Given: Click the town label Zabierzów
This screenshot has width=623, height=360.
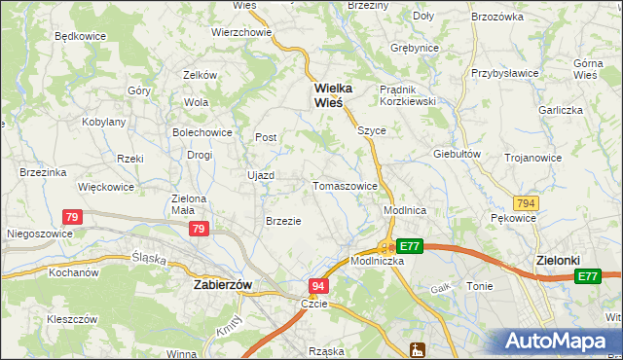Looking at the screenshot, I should [x=223, y=285].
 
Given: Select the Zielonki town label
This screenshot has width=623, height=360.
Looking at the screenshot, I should [x=559, y=261].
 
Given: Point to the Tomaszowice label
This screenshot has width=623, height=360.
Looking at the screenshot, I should [x=345, y=185].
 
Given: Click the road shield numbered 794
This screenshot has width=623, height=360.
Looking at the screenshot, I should [x=527, y=202].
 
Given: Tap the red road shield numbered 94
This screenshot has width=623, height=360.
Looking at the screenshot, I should [x=318, y=286].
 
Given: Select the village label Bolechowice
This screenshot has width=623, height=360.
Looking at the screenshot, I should [x=202, y=131].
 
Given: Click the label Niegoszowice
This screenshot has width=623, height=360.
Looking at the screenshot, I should [x=36, y=234].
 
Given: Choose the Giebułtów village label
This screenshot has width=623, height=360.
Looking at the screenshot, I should [x=458, y=154].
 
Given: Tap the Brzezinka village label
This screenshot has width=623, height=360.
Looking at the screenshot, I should [x=43, y=172].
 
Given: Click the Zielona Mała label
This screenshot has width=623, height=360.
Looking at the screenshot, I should [x=189, y=203].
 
